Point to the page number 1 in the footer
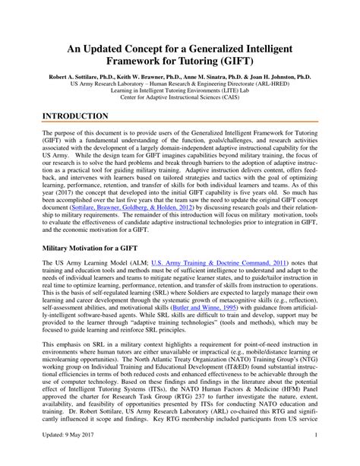336,457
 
